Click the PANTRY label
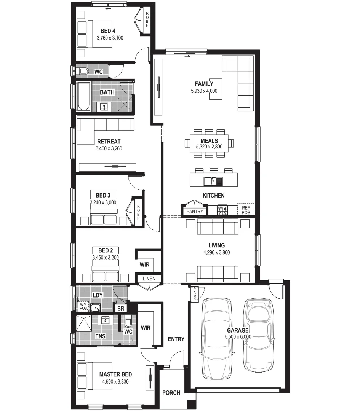coord(195,212)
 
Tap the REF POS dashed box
coord(246,210)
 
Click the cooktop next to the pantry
coord(222,210)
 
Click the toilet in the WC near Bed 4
coord(83,72)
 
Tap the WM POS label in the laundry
coord(83,306)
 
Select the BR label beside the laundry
coord(121,308)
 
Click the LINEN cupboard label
coord(149,279)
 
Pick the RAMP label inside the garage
coord(194,293)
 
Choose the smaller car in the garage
coord(259,335)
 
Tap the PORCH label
coord(171,393)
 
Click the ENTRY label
coord(176,339)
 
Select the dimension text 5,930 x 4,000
coord(204,91)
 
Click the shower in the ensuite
coord(84,323)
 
